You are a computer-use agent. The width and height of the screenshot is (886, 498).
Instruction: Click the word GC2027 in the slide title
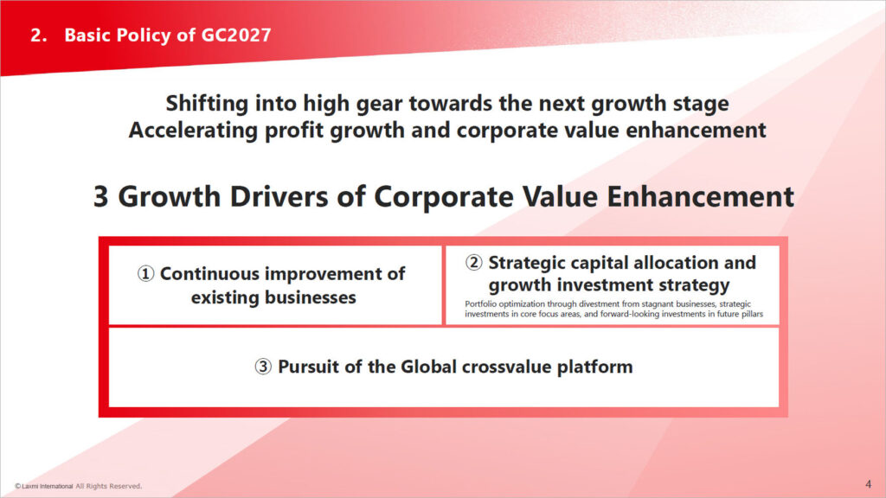point(236,35)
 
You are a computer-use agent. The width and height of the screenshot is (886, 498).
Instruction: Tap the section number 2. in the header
point(38,35)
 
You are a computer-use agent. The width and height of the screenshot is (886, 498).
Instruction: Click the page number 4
point(868,484)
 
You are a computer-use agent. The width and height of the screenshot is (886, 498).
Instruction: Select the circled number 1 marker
point(145,274)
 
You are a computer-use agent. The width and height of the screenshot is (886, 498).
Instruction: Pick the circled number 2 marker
point(473,263)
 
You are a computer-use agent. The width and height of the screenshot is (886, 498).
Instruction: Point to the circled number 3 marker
point(263,367)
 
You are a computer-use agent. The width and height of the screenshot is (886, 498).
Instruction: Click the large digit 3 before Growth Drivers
point(100,197)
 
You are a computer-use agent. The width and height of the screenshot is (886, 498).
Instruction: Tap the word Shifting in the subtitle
point(207,104)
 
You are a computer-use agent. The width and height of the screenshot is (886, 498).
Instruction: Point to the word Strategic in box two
point(527,263)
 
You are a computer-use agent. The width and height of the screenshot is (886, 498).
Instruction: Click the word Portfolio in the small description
point(480,303)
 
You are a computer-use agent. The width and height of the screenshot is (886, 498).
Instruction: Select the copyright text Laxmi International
point(47,486)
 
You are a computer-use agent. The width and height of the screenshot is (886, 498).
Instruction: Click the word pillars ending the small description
point(751,314)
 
